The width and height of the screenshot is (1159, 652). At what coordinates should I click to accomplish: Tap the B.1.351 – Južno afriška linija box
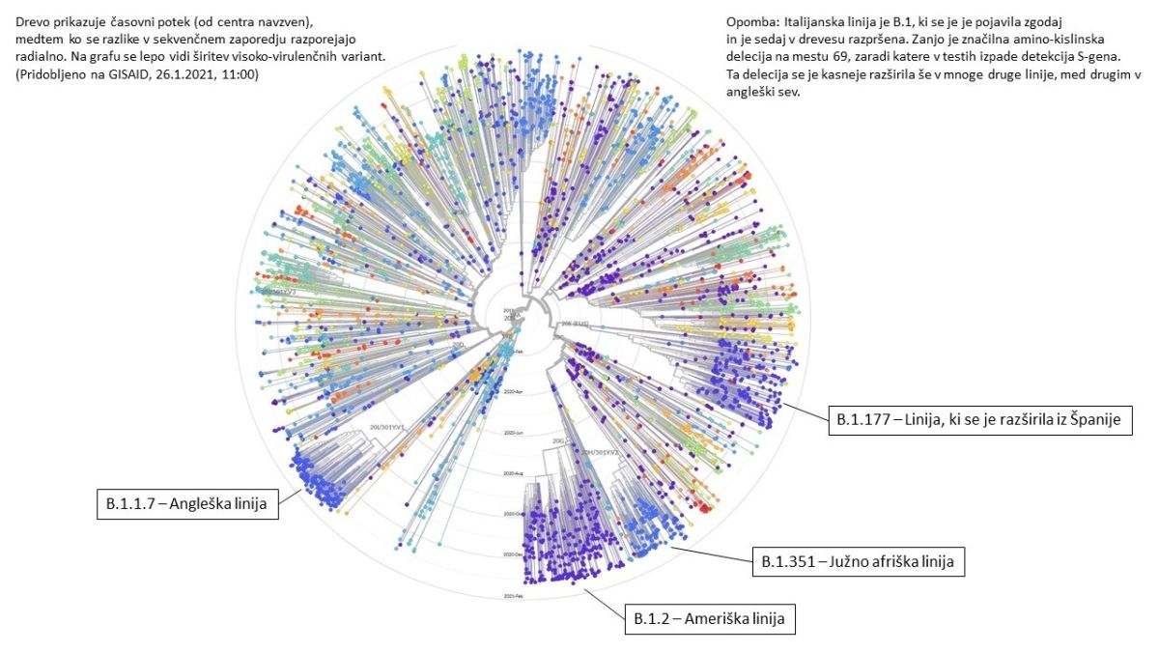click(859, 560)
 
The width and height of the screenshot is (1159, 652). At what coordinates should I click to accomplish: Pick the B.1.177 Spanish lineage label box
click(979, 421)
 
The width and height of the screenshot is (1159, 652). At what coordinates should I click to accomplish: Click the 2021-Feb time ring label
click(513, 598)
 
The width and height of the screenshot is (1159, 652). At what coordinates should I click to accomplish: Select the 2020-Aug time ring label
click(514, 473)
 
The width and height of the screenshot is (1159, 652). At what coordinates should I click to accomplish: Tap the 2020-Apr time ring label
click(516, 392)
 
